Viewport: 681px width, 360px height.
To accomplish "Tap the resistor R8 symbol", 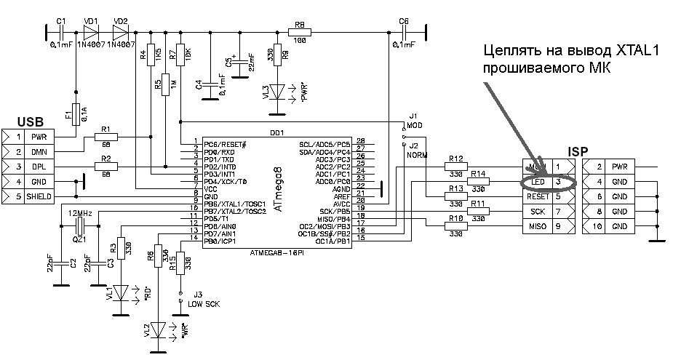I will tap(299, 31).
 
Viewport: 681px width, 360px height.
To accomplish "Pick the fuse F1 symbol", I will tap(75, 114).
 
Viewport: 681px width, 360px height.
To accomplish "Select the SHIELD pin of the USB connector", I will tap(38, 197).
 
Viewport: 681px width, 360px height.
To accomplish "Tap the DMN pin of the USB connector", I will tap(38, 151).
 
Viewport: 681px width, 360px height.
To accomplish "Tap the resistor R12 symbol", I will tap(457, 167).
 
